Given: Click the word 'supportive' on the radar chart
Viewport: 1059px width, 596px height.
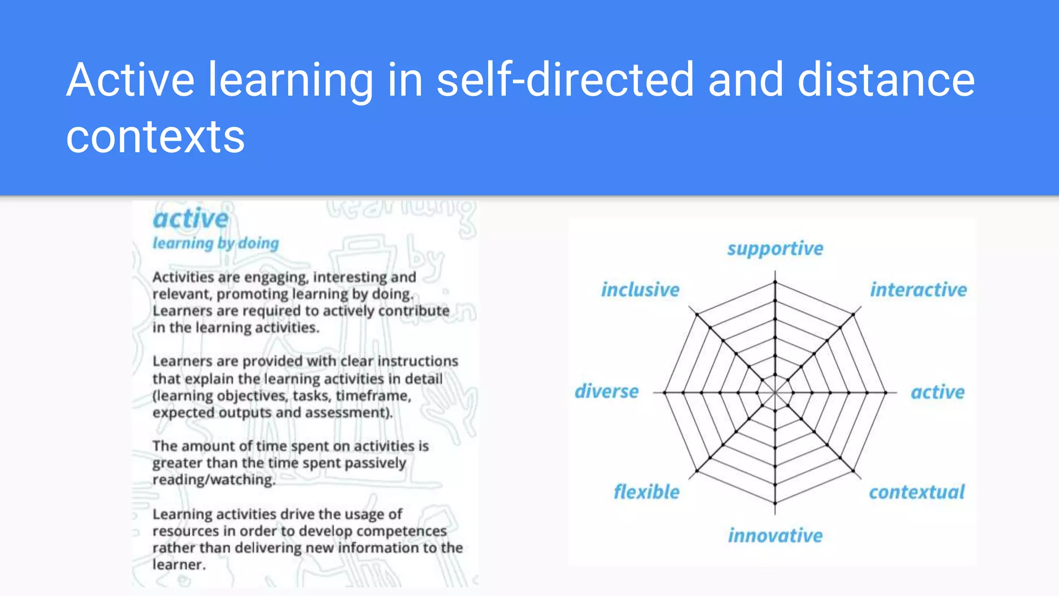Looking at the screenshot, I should click(775, 249).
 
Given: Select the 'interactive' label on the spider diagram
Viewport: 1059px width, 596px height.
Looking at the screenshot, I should click(918, 290).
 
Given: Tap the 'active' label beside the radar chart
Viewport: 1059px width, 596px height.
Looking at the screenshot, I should click(937, 392).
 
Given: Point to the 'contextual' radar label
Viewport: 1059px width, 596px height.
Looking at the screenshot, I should click(916, 492).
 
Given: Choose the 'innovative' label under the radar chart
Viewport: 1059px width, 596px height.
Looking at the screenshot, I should click(775, 535).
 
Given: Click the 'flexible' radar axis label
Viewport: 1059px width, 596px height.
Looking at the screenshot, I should click(646, 491).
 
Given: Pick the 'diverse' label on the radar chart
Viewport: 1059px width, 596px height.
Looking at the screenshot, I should click(607, 391).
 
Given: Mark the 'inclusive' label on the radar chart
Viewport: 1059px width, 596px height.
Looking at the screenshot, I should click(640, 290).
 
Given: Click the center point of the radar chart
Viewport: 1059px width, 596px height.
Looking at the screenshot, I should click(775, 393).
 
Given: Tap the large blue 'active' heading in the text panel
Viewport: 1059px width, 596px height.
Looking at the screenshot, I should click(190, 219).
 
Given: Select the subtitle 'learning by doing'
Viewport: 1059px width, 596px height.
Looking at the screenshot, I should click(216, 243).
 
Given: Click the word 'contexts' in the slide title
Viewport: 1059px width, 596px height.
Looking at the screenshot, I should click(155, 137).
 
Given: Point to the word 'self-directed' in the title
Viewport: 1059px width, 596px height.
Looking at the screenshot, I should click(565, 80).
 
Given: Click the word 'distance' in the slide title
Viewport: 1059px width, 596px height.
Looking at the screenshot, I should click(886, 80).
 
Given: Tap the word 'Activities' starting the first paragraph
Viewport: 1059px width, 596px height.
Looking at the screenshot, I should click(183, 277).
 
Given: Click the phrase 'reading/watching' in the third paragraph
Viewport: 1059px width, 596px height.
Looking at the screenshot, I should click(214, 480).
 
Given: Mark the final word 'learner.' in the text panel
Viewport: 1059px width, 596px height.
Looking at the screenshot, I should click(179, 564).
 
